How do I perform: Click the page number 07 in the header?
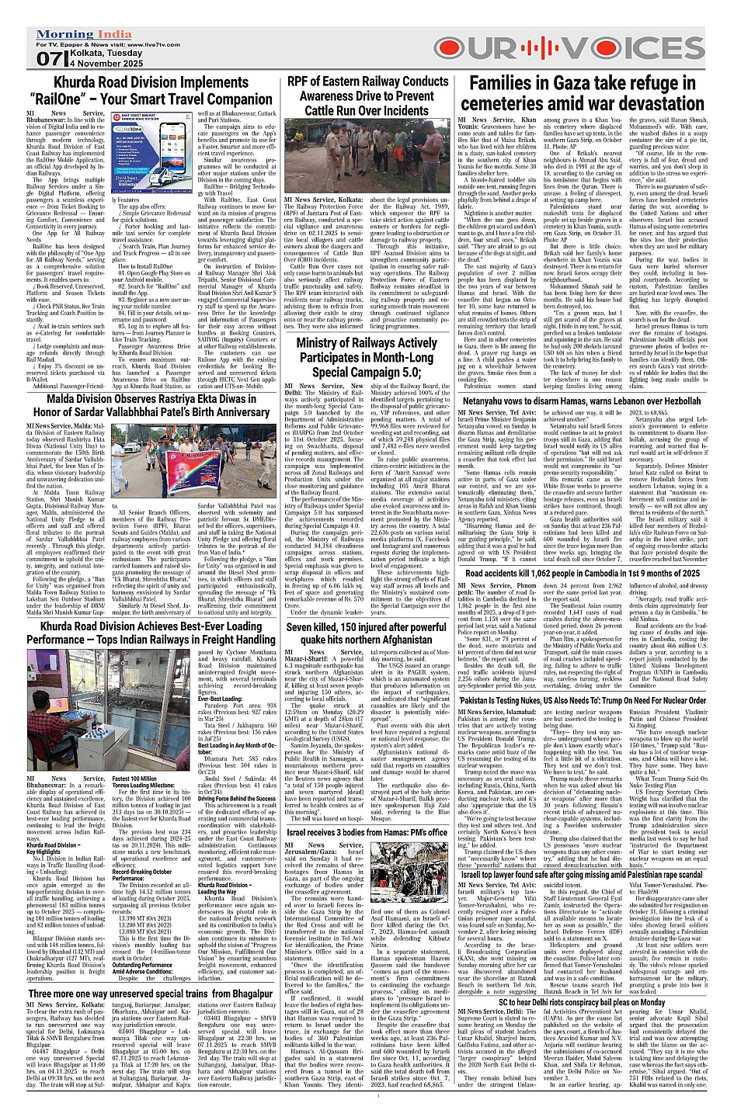pyautogui.click(x=47, y=59)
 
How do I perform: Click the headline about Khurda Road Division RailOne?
pyautogui.click(x=151, y=91)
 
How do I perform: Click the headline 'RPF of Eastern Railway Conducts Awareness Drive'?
pyautogui.click(x=368, y=95)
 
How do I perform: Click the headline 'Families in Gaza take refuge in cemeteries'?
pyautogui.click(x=586, y=93)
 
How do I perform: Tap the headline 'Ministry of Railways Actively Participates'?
pyautogui.click(x=367, y=357)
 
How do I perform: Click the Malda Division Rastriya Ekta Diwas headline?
pyautogui.click(x=151, y=406)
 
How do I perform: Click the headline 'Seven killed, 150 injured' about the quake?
pyautogui.click(x=367, y=633)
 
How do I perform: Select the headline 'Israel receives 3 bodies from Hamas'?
pyautogui.click(x=367, y=832)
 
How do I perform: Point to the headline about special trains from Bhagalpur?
pyautogui.click(x=151, y=993)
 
